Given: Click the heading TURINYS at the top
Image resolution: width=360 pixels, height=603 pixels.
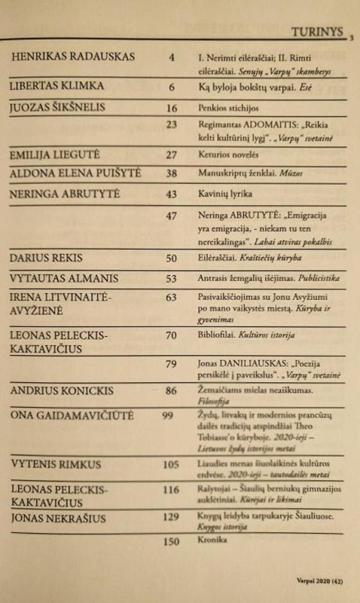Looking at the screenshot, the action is [x=318, y=32].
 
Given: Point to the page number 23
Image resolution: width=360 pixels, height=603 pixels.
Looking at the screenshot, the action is [x=171, y=125].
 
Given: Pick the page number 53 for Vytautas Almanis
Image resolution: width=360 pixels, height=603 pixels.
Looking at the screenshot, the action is [x=171, y=279].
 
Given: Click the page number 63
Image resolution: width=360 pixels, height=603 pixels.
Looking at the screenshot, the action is [x=171, y=298].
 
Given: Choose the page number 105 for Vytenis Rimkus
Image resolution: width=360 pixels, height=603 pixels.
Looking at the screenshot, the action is [x=171, y=464].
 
